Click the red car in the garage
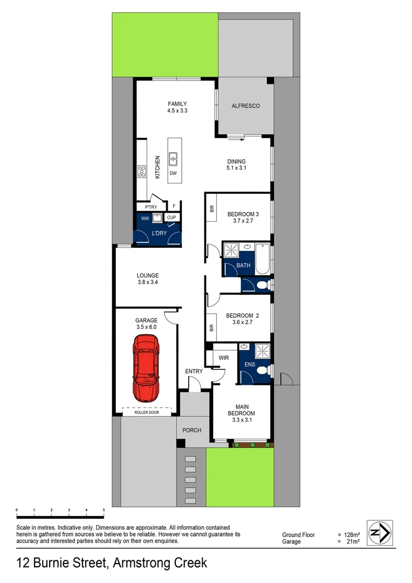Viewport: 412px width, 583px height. (146, 368)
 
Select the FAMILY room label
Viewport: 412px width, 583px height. (177, 104)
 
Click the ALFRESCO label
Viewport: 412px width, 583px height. (245, 106)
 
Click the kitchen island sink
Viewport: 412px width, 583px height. (173, 159)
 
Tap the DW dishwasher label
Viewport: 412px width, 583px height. (173, 174)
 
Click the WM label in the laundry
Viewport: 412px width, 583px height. (145, 219)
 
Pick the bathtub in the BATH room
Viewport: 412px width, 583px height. (263, 259)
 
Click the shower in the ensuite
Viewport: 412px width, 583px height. (263, 352)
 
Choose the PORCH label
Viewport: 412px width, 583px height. (192, 430)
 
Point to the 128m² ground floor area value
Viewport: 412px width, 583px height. (353, 534)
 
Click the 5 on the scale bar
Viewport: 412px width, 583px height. (103, 510)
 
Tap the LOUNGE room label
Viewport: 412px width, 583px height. (147, 275)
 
